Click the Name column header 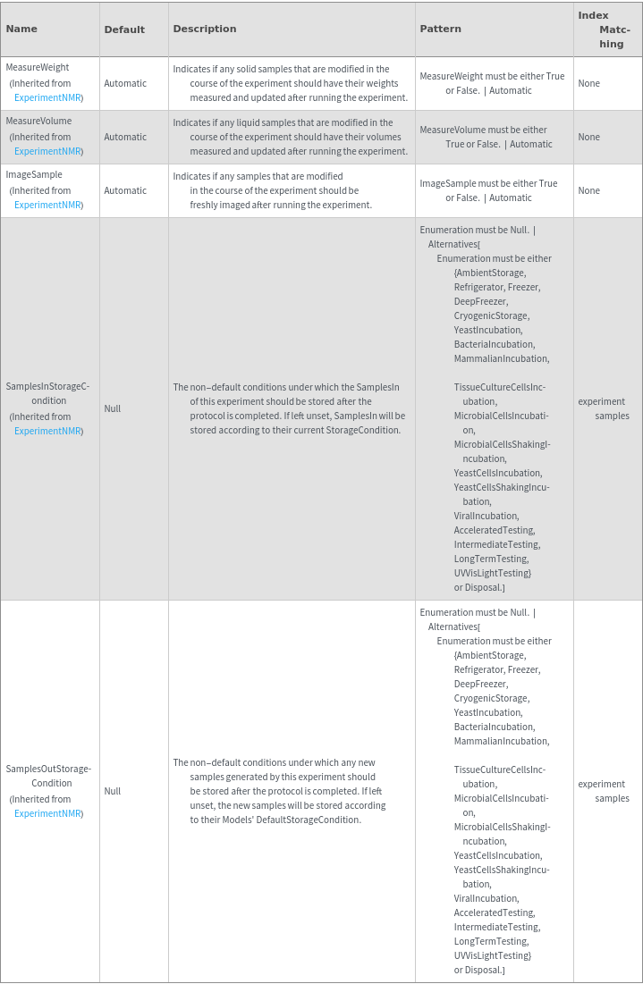click(21, 29)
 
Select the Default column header click(124, 29)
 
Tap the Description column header click(205, 29)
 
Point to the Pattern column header click(441, 29)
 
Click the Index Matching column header click(607, 29)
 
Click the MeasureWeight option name click(38, 67)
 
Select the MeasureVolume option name click(38, 121)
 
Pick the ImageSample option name click(34, 174)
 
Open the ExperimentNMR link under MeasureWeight click(48, 97)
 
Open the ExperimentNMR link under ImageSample click(48, 205)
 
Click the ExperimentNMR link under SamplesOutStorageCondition click(48, 813)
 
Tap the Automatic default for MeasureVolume click(125, 137)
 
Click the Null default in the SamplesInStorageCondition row click(113, 408)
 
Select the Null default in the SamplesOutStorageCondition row click(113, 791)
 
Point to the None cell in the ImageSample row click(588, 190)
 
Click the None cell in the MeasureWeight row click(588, 83)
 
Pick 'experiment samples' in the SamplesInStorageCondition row click(603, 408)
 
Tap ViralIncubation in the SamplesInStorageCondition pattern click(486, 516)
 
